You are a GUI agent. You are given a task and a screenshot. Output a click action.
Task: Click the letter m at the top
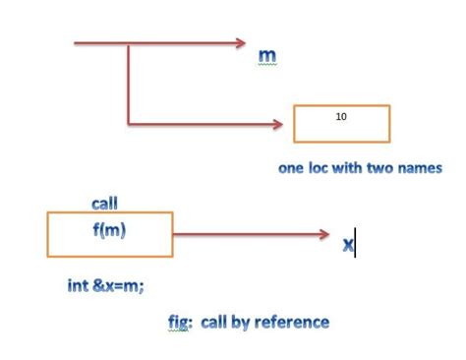266,55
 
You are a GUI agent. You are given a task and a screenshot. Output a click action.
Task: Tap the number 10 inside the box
341,116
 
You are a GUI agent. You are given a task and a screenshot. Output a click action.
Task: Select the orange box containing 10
341,124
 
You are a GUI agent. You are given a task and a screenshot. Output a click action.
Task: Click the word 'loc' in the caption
321,168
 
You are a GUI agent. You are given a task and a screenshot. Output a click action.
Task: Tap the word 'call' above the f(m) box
104,204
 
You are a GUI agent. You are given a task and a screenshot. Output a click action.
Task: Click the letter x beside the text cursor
347,244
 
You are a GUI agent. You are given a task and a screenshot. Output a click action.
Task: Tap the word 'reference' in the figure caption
292,322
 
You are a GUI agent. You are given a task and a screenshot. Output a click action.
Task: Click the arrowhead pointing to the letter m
238,43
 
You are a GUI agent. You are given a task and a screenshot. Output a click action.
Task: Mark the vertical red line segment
128,84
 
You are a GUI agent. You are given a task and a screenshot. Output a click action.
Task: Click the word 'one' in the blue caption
291,168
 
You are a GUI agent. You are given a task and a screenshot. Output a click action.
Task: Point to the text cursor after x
355,243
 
